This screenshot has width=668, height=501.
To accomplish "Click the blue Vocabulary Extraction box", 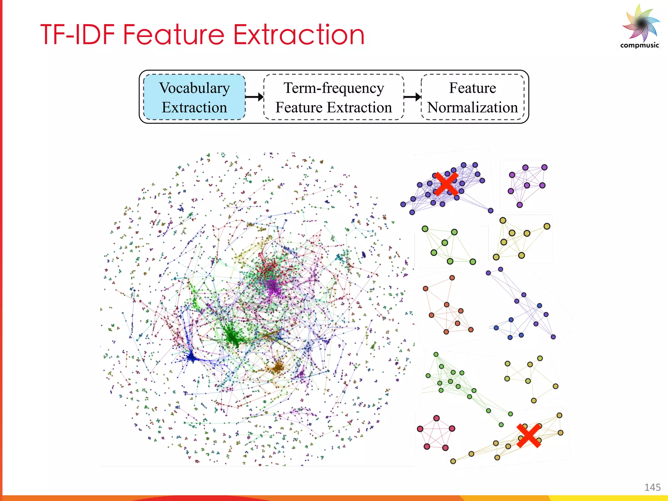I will tap(194, 97).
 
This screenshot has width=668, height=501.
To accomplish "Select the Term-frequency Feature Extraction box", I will tap(333, 97).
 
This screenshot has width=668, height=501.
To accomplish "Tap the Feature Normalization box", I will tap(472, 97).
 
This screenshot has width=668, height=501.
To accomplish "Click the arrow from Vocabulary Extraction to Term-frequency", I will tap(254, 97).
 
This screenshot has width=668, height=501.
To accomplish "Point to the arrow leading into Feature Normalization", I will tap(412, 97).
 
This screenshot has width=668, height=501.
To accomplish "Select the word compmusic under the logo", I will tap(639, 45).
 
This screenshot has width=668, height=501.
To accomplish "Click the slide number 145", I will tap(652, 487).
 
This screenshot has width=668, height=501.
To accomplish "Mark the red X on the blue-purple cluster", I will tap(446, 184).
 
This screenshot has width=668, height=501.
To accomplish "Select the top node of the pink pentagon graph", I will tap(436, 418).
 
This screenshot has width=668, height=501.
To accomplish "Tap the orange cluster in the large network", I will tap(278, 368).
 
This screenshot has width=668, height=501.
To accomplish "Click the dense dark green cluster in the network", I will tap(233, 336).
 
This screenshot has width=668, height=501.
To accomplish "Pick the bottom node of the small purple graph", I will tap(520, 205).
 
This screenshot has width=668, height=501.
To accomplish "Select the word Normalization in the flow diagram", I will tap(472, 107).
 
